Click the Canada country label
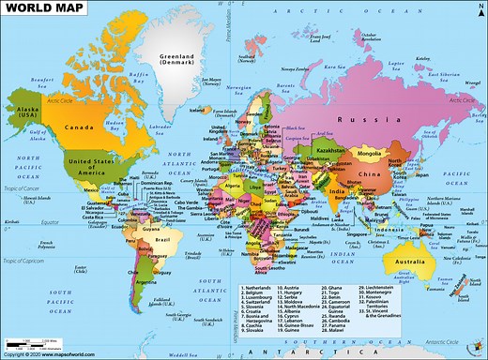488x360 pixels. [79, 127]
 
